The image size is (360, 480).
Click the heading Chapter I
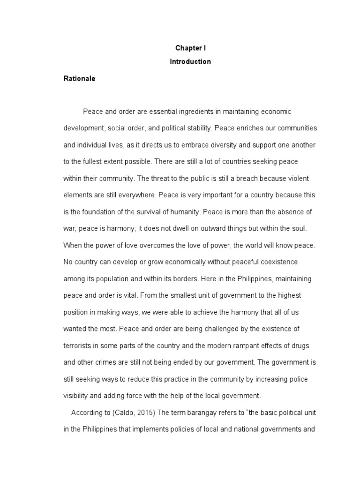click(190, 48)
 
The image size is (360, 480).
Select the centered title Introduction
click(190, 61)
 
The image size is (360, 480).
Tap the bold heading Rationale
click(79, 79)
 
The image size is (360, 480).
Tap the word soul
click(298, 228)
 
